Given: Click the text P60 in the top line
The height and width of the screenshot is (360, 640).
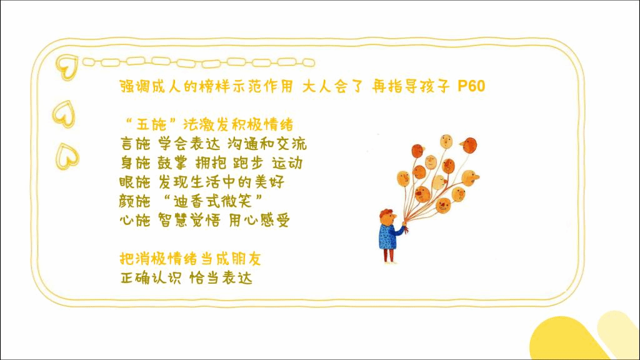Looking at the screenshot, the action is click(471, 86).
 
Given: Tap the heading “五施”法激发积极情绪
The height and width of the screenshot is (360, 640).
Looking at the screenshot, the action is click(208, 124).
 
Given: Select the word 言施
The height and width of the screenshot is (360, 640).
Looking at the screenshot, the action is click(136, 144).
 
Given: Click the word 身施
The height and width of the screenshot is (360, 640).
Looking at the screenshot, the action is click(136, 163).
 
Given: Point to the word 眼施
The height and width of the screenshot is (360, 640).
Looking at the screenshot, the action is click(135, 182).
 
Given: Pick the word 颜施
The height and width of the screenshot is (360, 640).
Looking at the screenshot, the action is click(135, 201).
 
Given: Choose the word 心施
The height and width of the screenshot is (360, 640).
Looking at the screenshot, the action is click(135, 221).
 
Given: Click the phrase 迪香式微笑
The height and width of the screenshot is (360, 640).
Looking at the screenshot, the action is click(213, 201).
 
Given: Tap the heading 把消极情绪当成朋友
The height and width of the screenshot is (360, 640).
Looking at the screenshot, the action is click(190, 259).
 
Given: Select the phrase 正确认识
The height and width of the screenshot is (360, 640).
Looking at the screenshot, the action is click(151, 278).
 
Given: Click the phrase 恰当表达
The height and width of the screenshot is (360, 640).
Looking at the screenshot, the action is click(221, 278).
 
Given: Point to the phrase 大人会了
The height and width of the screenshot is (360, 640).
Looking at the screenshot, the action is click(332, 86).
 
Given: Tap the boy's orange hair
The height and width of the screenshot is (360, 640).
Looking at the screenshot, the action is click(385, 213).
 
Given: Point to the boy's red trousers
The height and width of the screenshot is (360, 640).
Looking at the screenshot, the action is click(389, 255).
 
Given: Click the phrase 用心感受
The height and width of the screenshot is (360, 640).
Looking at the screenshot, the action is click(259, 221).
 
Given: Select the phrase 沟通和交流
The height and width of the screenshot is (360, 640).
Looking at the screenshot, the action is click(267, 144).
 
